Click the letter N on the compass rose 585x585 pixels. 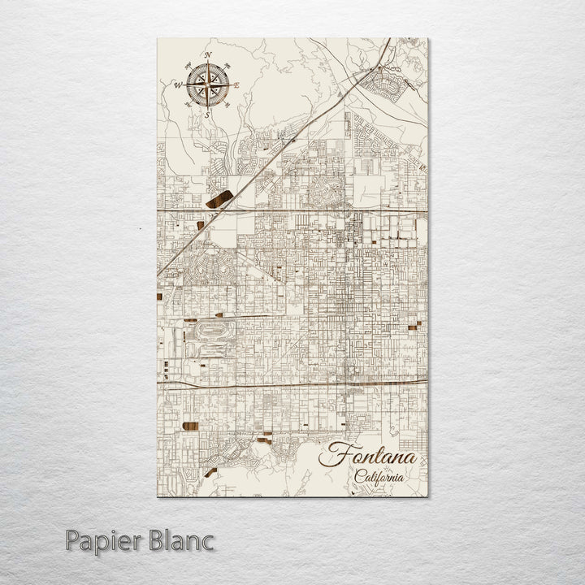[x=208, y=55]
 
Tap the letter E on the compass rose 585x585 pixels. [x=236, y=84]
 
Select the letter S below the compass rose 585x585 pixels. [x=207, y=115]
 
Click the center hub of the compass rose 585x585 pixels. [x=207, y=84]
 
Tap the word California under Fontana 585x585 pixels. [x=379, y=477]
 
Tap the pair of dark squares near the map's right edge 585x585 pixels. [x=416, y=326]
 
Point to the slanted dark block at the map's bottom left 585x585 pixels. [x=210, y=471]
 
